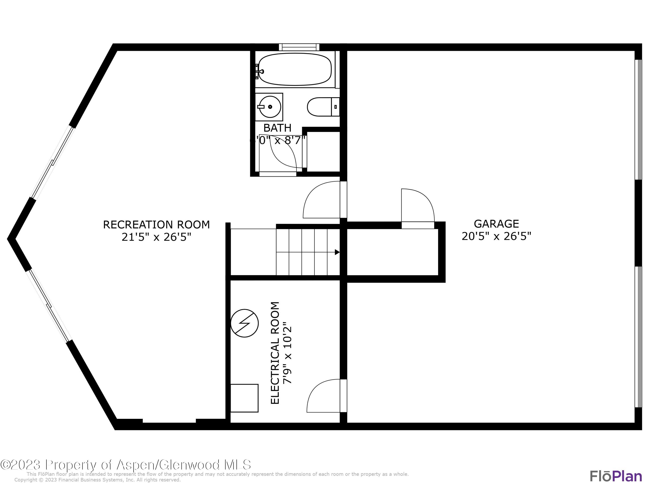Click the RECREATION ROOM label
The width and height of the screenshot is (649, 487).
tap(156, 225)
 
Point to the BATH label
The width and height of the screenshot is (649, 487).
tap(277, 128)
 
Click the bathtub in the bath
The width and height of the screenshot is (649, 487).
tap(295, 69)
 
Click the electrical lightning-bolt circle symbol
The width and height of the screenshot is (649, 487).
tap(244, 323)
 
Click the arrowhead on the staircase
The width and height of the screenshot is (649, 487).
tap(337, 252)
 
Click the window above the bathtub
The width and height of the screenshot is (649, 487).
tap(299, 47)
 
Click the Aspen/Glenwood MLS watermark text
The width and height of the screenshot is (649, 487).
tap(126, 464)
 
